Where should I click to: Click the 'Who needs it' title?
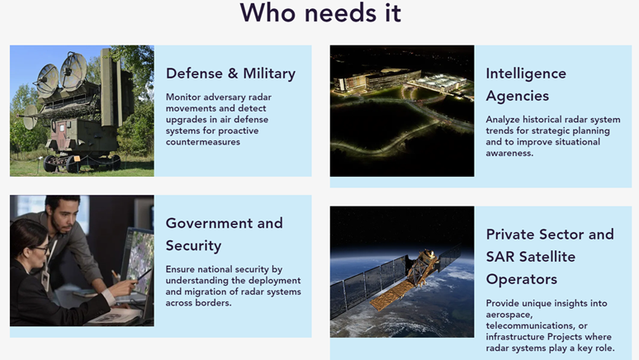[320, 12]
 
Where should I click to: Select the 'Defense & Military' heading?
[230, 73]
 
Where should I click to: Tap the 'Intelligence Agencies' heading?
[526, 84]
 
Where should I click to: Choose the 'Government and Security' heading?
[224, 234]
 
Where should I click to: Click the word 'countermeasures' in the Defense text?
[202, 142]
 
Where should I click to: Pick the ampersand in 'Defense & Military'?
[233, 73]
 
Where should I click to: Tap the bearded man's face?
[63, 217]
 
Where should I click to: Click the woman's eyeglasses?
[39, 248]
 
